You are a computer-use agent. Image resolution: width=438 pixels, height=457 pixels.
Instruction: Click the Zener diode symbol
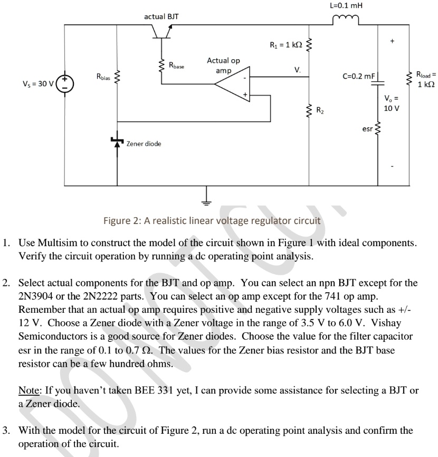(117, 142)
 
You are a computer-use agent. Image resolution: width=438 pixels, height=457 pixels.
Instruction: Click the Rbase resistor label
(178, 66)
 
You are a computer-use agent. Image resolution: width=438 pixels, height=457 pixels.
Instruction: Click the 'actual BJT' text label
(161, 16)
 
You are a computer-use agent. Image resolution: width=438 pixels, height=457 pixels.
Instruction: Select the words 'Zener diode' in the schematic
(144, 144)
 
